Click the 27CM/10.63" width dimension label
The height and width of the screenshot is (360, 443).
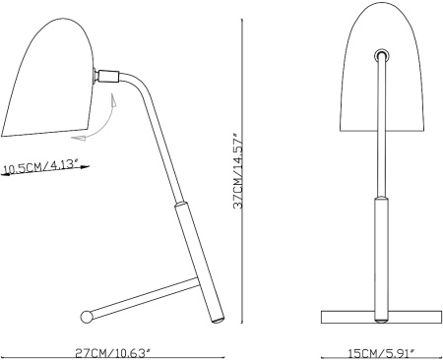(113, 353)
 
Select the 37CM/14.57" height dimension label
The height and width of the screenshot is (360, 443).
(238, 170)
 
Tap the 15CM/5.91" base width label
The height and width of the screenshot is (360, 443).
(381, 353)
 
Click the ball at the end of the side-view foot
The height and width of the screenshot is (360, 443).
(87, 317)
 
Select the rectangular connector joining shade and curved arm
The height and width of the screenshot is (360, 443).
(108, 77)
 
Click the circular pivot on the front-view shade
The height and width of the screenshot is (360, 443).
(381, 55)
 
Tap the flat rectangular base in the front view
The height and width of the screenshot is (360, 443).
(381, 317)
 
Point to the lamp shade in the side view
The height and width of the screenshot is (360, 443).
(49, 79)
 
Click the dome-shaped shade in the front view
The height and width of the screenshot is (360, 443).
(382, 67)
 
